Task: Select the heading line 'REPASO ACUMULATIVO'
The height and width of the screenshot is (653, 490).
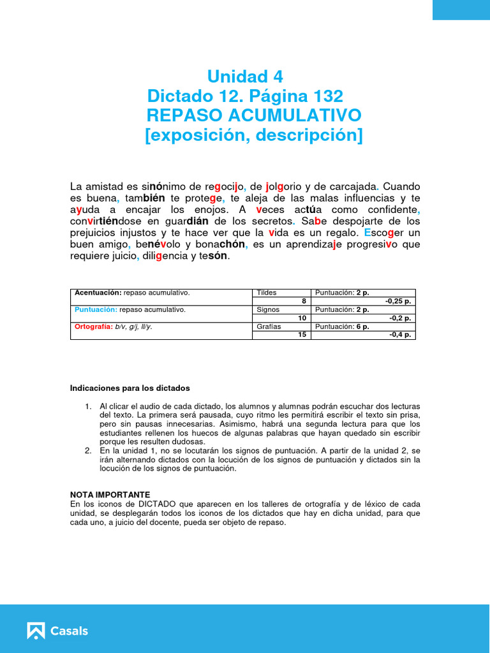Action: [254, 115]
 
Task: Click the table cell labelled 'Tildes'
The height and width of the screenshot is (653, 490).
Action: [266, 293]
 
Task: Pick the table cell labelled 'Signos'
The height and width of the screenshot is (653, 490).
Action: [268, 309]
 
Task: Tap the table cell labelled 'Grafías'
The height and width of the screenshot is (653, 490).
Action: [269, 326]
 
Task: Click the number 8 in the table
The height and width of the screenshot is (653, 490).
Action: [304, 301]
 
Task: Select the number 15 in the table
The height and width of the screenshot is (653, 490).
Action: [302, 335]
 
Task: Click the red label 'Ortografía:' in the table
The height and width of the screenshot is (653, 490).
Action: [93, 326]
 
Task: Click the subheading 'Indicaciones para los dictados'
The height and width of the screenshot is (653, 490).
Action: [130, 388]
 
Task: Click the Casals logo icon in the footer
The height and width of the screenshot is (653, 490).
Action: [36, 631]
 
